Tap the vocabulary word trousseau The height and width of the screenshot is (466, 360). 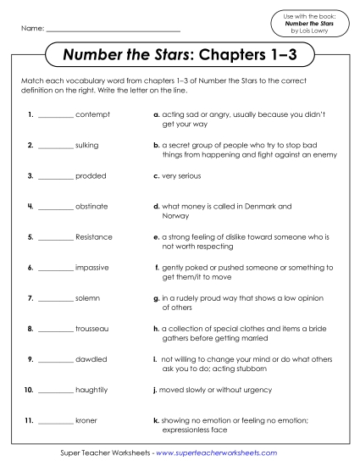pos(92,328)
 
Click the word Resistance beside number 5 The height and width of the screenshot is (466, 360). pos(94,236)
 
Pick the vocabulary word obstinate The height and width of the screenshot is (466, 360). pos(91,206)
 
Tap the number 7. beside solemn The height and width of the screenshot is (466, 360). pos(30,298)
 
